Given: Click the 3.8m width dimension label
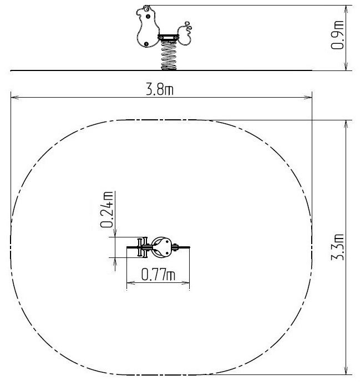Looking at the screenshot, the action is point(160,89).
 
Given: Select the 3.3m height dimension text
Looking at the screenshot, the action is point(337,247).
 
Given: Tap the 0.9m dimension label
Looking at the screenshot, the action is point(337,35).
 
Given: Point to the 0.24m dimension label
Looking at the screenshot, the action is point(107,210).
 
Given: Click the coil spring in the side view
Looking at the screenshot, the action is point(169,55).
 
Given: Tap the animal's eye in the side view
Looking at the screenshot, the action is point(147,9).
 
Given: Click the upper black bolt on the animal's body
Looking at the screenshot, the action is point(148,17).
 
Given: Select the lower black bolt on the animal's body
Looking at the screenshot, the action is point(146,44).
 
